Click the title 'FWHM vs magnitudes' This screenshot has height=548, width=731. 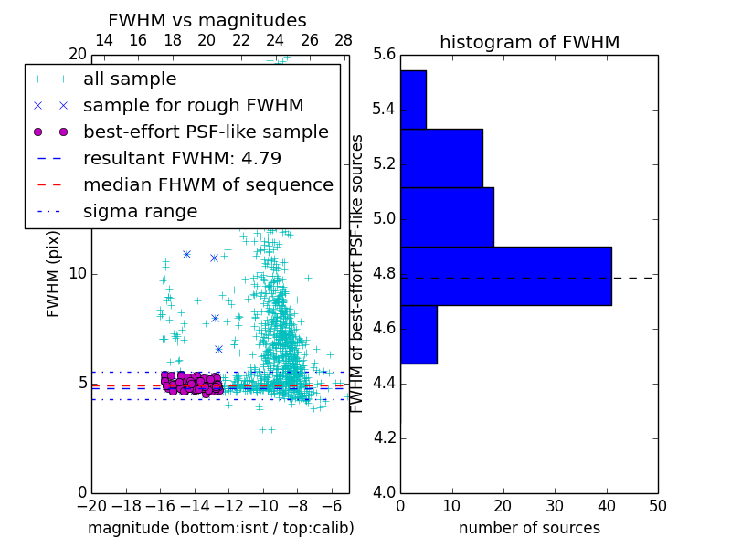(x=207, y=20)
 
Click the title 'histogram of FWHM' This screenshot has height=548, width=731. (x=529, y=42)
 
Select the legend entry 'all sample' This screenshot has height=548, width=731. (x=130, y=79)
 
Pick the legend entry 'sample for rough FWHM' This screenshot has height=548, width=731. (x=193, y=106)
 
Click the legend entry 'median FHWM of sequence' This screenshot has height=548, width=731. (x=207, y=185)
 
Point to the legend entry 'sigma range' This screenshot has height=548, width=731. (x=140, y=212)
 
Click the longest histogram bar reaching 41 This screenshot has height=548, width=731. (x=505, y=276)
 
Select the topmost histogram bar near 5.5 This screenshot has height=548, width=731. (x=413, y=100)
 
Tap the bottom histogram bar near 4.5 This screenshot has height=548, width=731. (x=418, y=334)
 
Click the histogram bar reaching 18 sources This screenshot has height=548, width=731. (x=447, y=216)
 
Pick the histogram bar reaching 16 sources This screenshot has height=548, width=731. (x=441, y=158)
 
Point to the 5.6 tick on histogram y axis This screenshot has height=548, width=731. (x=385, y=55)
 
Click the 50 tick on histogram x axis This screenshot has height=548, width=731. (x=656, y=505)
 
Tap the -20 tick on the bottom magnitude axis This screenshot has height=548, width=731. (x=91, y=505)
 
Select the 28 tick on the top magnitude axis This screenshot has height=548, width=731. (x=344, y=41)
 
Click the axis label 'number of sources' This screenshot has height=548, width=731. (x=529, y=528)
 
